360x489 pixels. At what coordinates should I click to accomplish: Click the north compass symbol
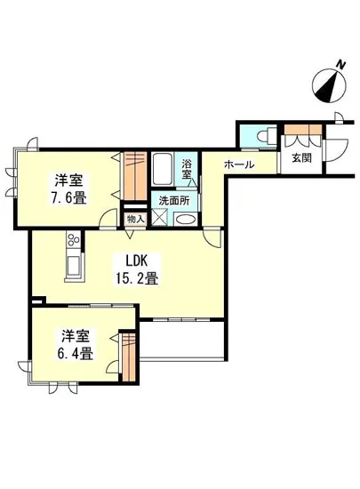pos(329,85)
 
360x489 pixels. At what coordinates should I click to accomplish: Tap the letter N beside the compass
pos(341,65)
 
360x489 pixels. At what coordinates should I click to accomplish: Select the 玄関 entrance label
pos(301,157)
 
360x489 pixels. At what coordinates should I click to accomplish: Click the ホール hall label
pos(239,164)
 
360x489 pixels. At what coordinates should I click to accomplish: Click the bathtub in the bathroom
pos(163,169)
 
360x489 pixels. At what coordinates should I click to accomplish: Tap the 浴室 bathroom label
pos(187,169)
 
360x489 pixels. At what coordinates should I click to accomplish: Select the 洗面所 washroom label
pos(174,201)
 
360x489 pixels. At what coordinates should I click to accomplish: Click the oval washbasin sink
pos(185,220)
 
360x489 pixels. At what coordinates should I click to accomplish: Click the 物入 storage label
pos(136,220)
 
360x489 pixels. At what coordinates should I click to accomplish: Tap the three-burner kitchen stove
pos(74,240)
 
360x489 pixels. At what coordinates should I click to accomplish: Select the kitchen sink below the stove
pos(74,265)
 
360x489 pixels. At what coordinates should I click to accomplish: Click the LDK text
pos(136,261)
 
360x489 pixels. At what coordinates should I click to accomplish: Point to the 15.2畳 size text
pos(137,277)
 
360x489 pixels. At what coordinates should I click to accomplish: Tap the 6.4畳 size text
pos(76,353)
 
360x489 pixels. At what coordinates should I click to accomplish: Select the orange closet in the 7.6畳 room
pos(135,175)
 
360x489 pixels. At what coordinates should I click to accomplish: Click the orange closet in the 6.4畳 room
pos(129,357)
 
